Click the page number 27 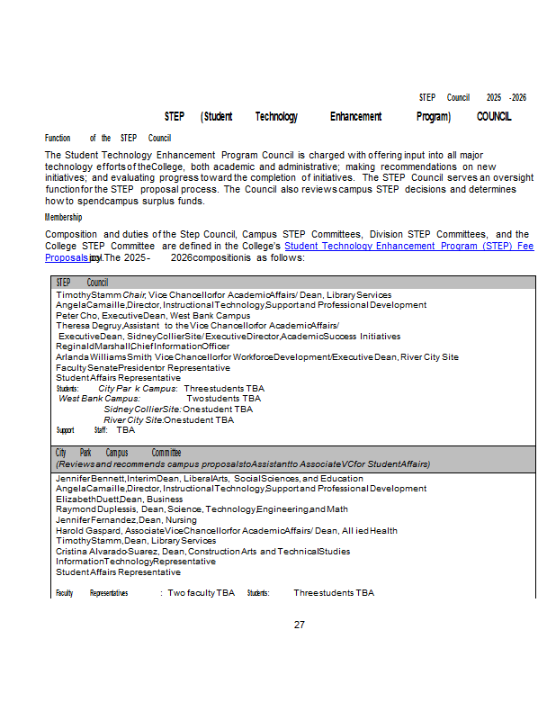pyautogui.click(x=300, y=625)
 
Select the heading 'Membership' pyautogui.click(x=64, y=217)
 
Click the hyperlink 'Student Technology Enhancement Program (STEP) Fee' pyautogui.click(x=408, y=246)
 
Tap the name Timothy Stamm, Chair pyautogui.click(x=101, y=295)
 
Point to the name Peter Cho pyautogui.click(x=76, y=316)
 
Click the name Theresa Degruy pyautogui.click(x=88, y=326)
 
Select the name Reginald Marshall pyautogui.click(x=92, y=346)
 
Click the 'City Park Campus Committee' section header pyautogui.click(x=118, y=453)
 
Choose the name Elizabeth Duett pyautogui.click(x=87, y=499)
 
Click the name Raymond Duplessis pyautogui.click(x=96, y=509)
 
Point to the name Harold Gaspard pyautogui.click(x=89, y=531)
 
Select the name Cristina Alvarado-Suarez pyautogui.click(x=107, y=552)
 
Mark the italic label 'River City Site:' pyautogui.click(x=133, y=419)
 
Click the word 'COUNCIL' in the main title pyautogui.click(x=494, y=117)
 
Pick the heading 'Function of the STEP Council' pyautogui.click(x=108, y=139)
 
